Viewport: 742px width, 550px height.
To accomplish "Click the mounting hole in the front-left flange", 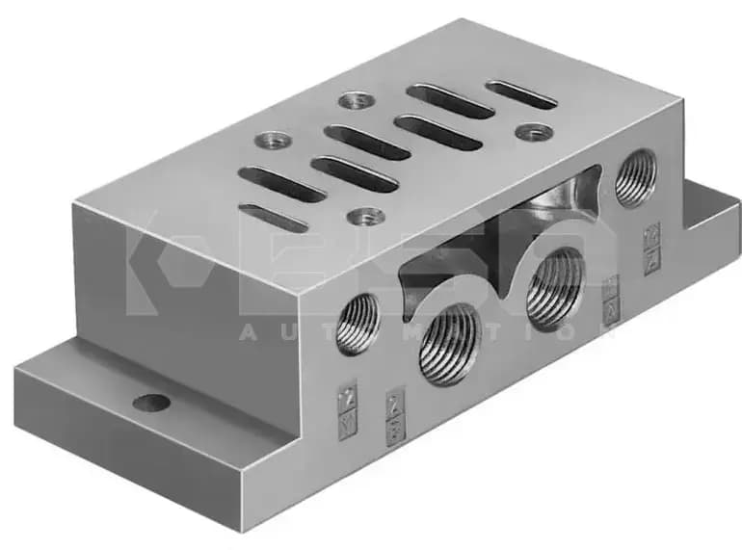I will (x=151, y=403).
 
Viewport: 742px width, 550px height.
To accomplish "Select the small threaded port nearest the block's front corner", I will (x=358, y=324).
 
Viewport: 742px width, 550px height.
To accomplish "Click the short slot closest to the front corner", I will (x=274, y=218).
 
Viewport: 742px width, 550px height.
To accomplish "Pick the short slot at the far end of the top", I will (x=521, y=94).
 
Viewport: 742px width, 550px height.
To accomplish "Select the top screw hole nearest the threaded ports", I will (x=367, y=217).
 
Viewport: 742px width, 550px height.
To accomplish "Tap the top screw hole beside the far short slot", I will (x=534, y=131).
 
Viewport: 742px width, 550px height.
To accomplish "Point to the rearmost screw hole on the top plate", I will (x=356, y=99).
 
